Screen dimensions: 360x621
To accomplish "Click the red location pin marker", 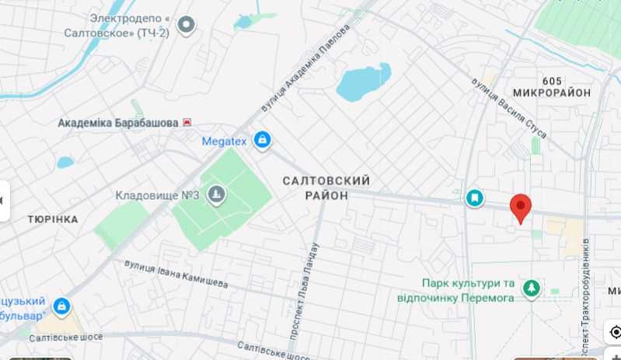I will [521, 208].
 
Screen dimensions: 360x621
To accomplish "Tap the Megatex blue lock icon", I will [263, 141].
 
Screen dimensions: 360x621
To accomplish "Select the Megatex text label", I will [224, 142].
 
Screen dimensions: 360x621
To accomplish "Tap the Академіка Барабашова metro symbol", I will [187, 123].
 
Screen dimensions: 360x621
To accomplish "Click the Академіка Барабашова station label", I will [118, 123].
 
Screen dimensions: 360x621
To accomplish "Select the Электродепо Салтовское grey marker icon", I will [186, 26].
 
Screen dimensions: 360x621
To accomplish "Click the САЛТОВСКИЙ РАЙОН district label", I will [326, 188].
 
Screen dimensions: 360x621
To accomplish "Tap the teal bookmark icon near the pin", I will [474, 199].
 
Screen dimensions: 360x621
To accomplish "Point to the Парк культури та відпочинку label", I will [469, 290].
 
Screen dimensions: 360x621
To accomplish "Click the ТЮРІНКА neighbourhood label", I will [52, 219].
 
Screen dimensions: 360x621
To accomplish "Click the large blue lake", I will [362, 82].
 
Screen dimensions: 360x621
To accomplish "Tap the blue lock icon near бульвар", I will [61, 305].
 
